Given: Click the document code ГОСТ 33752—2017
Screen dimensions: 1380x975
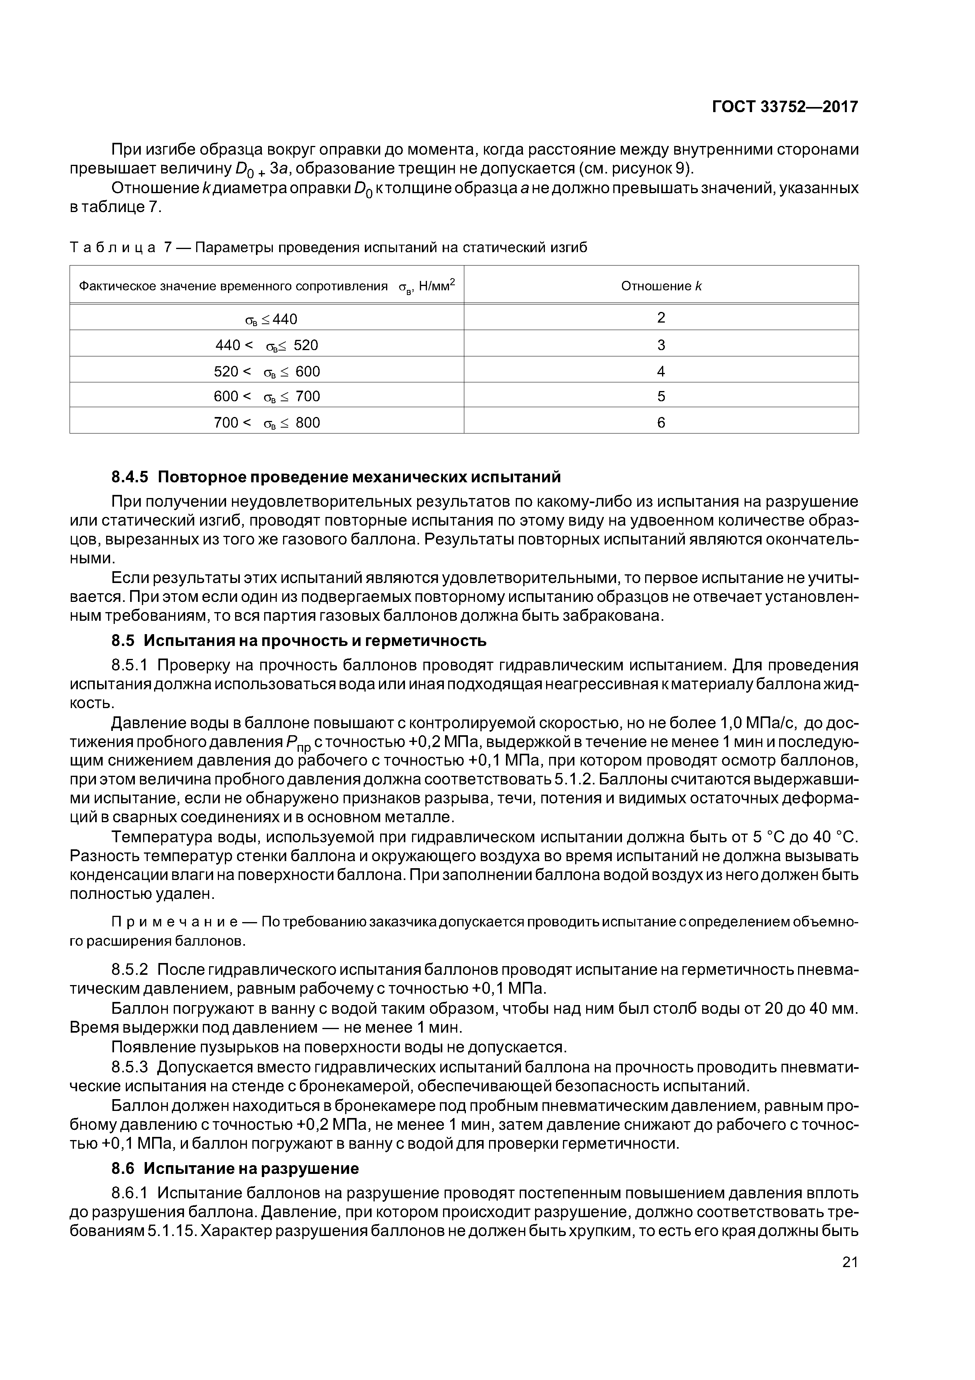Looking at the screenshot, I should tap(785, 107).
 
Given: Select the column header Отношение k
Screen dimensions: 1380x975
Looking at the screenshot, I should tap(661, 286).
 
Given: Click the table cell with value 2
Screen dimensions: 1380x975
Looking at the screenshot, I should tap(661, 318).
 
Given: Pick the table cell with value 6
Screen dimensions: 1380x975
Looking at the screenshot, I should tap(661, 422).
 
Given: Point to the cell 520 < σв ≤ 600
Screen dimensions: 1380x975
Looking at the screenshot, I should tap(267, 371).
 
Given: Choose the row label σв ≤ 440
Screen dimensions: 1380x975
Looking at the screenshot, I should tap(270, 319).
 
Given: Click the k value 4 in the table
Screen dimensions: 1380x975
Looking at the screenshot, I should tap(661, 371).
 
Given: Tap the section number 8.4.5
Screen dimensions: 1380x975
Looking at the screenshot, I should tap(129, 477).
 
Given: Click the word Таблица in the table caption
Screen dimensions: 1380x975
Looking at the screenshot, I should tap(113, 247).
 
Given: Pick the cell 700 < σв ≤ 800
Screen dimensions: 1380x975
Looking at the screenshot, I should tap(267, 422).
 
